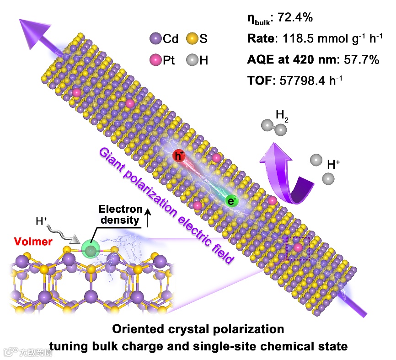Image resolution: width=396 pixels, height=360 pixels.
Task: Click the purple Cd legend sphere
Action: coord(155,39)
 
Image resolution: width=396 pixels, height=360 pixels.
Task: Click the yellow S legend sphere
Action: coord(191,39)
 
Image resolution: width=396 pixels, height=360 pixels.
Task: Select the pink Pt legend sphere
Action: coord(155,59)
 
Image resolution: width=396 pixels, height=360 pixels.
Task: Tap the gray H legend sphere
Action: coord(191,59)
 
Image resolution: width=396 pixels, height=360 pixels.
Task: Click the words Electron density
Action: coord(120,215)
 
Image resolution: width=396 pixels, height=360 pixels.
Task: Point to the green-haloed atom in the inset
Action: coord(91,250)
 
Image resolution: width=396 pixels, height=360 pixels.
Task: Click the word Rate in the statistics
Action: coord(259,39)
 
